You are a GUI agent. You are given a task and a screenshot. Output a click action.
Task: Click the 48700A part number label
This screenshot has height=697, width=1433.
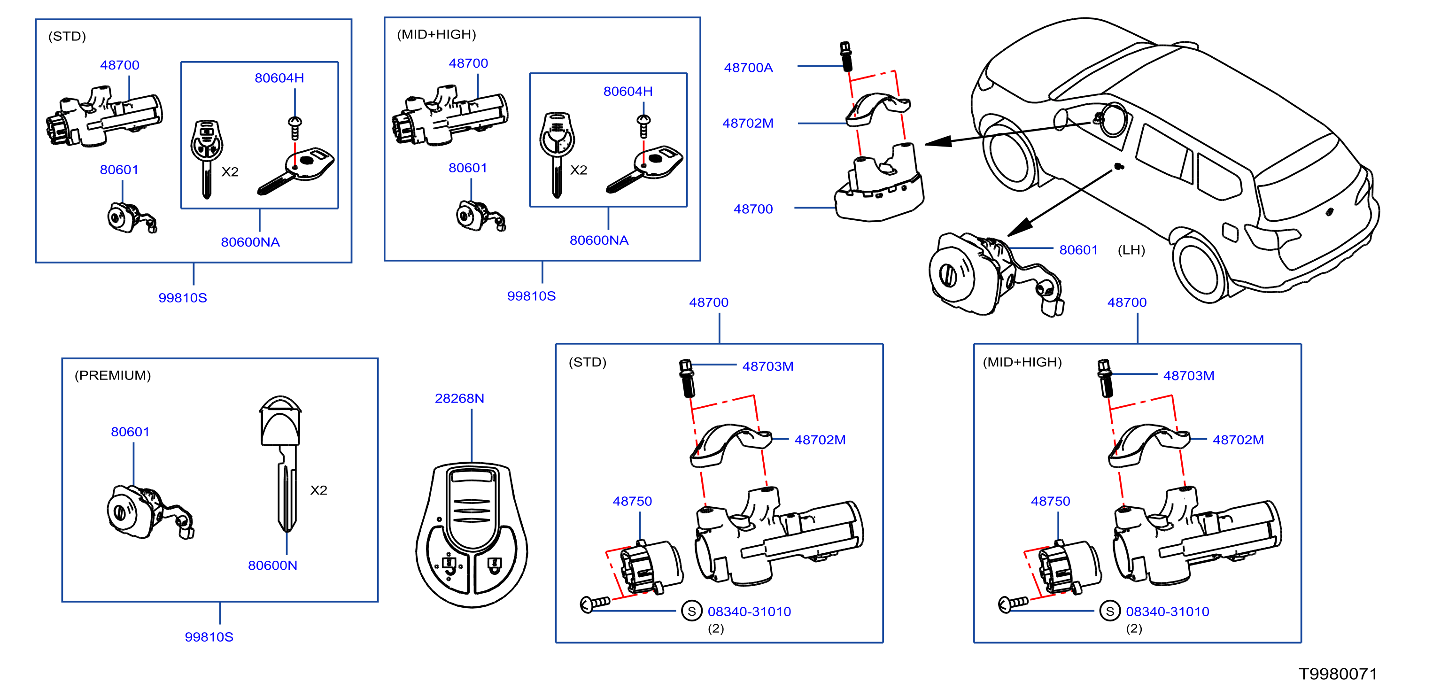pos(748,67)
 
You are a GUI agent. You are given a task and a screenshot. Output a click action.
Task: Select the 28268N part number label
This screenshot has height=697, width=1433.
pos(459,398)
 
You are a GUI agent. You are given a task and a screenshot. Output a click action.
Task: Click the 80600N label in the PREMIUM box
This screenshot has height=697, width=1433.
pos(272,565)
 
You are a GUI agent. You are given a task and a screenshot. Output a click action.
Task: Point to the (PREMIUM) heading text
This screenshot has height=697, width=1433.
pos(113,375)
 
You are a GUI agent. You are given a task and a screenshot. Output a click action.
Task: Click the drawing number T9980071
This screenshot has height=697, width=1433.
pos(1338,674)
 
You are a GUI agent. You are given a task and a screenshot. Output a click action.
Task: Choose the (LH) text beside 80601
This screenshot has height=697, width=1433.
pos(1131,250)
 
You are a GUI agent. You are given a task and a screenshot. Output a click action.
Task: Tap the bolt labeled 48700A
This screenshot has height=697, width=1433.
pos(846,57)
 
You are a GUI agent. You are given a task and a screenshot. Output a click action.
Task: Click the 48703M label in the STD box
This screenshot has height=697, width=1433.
pos(767,366)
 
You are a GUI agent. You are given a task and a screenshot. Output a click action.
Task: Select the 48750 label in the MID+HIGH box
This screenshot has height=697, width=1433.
pos(1050,501)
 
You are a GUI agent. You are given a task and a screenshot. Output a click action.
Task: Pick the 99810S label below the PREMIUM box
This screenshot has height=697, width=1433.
pos(209,637)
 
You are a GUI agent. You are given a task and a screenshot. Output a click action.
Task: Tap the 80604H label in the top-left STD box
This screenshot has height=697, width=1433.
pos(279,78)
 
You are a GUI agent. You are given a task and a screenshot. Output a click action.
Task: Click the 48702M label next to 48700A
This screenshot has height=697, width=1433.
pos(748,124)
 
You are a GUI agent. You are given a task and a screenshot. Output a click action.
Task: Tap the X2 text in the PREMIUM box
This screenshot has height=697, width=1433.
pos(319,490)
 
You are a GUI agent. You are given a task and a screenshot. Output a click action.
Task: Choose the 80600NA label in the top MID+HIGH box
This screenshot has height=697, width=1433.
pos(599,240)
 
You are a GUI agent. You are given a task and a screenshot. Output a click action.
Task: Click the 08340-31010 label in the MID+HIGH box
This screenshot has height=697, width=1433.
pos(1168,612)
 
